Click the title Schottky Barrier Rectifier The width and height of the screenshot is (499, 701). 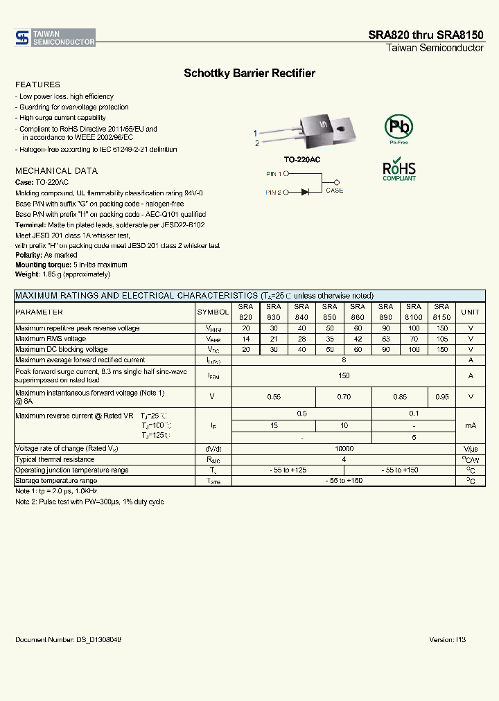point(249,73)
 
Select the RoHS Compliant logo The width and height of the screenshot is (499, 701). point(399,171)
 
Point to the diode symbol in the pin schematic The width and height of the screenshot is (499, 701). point(306,192)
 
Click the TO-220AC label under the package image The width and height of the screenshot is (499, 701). point(301,159)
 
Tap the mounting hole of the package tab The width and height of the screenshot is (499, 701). point(342,126)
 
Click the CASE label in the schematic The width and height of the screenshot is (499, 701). point(334,190)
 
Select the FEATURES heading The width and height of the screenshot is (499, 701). point(37,85)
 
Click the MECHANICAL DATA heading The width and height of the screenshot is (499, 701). point(56,170)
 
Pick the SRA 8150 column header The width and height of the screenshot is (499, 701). point(441,312)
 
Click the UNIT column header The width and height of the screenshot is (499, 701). point(470,312)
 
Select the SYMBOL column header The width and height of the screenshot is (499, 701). point(213,312)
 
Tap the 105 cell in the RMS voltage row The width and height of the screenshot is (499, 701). point(441,339)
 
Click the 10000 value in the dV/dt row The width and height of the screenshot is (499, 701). point(343,449)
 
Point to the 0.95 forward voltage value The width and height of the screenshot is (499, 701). point(441,397)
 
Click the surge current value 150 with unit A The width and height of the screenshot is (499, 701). point(343,375)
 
